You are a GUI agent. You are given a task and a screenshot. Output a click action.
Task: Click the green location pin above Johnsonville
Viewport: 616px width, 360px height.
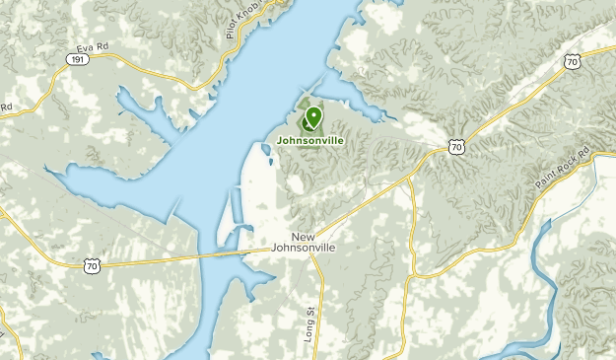(x=313, y=119)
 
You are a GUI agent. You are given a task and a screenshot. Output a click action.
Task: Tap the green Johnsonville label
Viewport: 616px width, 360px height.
(x=310, y=141)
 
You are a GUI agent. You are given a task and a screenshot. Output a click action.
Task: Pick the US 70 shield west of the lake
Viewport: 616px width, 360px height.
(x=92, y=265)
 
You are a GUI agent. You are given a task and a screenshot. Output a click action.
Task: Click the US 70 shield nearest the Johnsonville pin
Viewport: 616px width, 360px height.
(x=454, y=147)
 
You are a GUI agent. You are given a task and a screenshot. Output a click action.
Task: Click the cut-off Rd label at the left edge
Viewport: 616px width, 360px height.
(x=5, y=106)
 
